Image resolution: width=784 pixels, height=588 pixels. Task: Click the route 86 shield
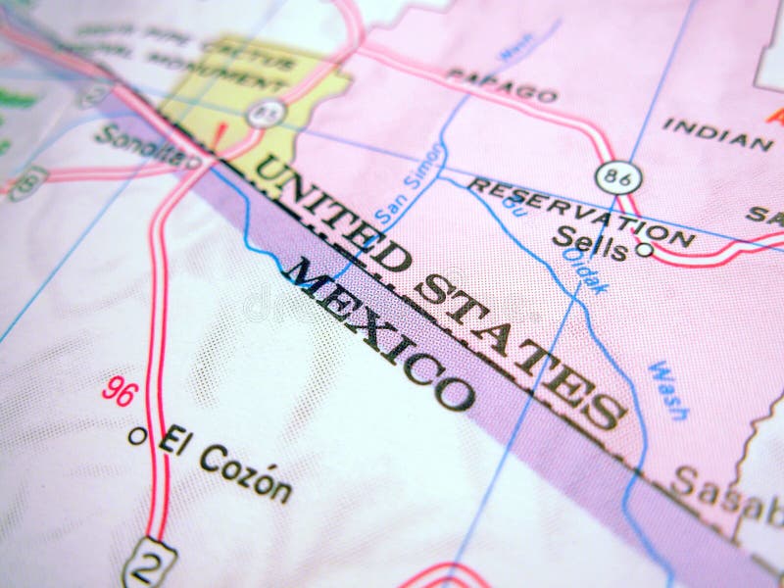618,177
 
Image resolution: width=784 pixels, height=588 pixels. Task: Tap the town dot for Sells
644,249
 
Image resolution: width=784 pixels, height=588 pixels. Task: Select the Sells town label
589,242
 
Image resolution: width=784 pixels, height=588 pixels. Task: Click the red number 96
121,391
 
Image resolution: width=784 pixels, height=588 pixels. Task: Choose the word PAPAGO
501,84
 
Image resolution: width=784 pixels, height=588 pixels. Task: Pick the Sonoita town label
135,147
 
